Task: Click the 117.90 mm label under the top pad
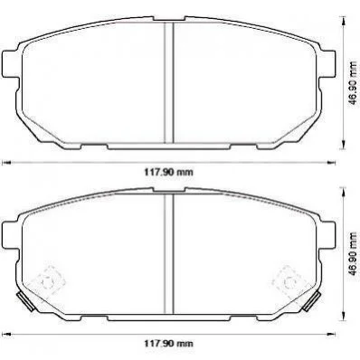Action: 168,173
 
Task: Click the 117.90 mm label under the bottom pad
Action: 168,343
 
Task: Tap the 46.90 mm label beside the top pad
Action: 352,83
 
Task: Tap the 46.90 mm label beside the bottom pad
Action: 352,253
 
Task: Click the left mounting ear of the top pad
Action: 10,63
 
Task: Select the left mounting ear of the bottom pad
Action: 10,234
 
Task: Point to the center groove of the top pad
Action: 169,82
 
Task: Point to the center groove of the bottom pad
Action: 169,253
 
